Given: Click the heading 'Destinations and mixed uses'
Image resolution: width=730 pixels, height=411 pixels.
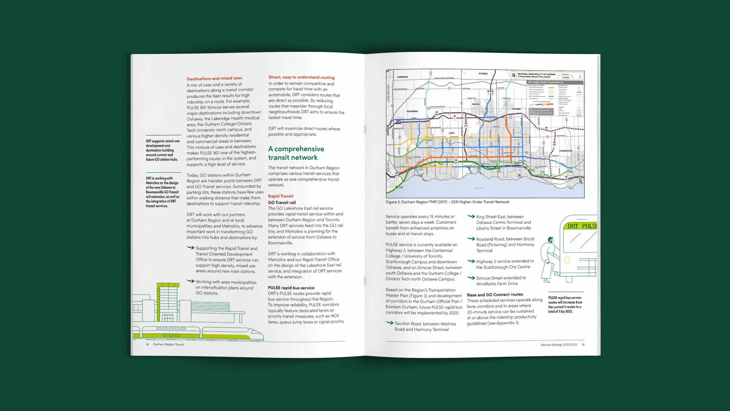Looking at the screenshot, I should pos(214,78).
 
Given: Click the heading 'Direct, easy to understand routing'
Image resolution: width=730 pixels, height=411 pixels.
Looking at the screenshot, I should pos(301,77).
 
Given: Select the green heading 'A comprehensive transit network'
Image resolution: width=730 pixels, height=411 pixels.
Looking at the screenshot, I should pos(296,153).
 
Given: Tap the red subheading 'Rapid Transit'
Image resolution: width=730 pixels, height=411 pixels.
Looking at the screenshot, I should pos(281,196).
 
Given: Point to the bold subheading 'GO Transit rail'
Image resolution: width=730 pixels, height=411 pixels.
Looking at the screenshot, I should pos(282,202).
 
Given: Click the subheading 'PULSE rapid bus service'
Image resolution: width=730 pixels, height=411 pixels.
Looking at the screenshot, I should pos(291,288).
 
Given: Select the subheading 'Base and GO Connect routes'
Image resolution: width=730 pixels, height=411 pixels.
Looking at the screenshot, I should pos(495,295).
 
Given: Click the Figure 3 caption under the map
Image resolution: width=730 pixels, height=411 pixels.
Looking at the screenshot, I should pos(447,202).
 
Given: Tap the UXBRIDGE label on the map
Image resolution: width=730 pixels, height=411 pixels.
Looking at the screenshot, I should pos(402,77).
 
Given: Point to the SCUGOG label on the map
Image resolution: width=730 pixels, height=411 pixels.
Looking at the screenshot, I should pos(483,74).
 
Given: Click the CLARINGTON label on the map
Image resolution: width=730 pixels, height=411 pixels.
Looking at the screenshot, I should pos(565,151).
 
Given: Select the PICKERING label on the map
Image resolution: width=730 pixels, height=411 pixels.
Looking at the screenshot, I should pos(412,111).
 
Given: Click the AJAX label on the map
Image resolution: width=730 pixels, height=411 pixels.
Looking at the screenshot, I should pos(451,133).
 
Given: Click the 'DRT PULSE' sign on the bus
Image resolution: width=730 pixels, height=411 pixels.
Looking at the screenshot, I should pos(582,226).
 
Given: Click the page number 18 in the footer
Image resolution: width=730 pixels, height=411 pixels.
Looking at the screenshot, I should pos(147,344).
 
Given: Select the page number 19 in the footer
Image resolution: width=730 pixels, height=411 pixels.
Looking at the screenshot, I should pos(583,345).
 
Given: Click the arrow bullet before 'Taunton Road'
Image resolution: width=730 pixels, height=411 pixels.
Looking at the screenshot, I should pos(390,323).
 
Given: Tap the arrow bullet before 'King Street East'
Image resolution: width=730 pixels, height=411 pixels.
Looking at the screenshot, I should pos(471,216).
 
